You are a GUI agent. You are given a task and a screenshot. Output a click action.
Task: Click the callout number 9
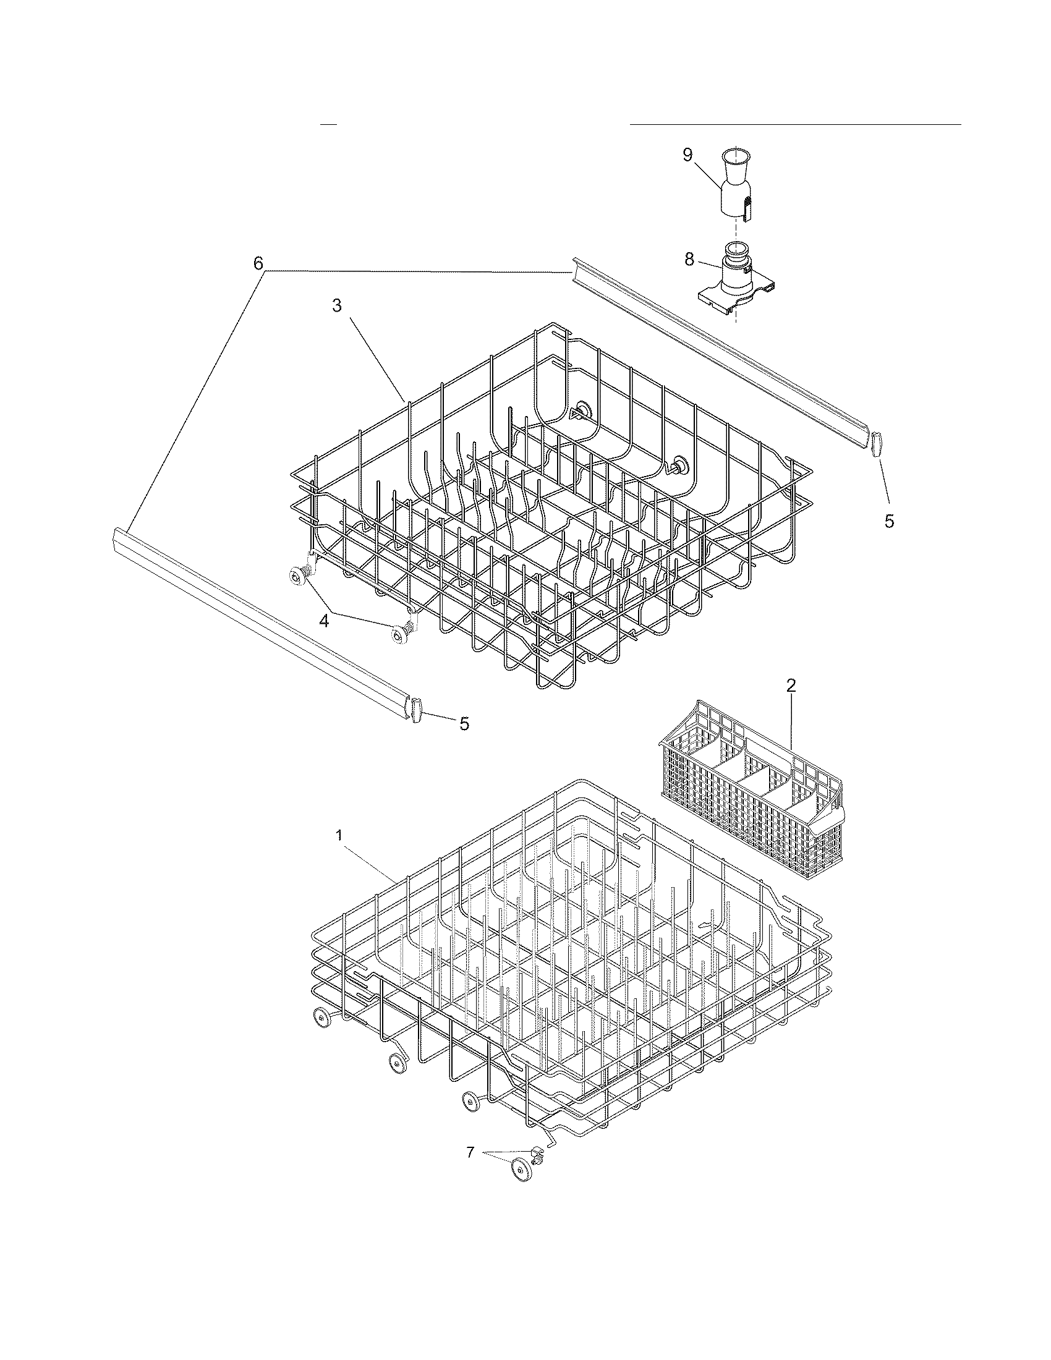pos(687,155)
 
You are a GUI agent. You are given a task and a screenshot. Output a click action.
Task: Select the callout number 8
pos(689,260)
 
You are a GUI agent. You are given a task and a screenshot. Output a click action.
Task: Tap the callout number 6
pos(258,263)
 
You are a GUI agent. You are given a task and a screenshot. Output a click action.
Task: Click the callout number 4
pos(325,620)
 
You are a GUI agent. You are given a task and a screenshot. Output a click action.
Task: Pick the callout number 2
pos(791,686)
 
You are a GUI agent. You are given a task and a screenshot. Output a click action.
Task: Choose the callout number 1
pos(339,836)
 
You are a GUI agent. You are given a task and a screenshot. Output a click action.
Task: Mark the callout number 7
pos(470,1152)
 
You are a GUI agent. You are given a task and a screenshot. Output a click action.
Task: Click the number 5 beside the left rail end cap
pos(464,724)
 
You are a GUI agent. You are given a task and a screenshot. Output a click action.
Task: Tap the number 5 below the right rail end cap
pos(889,521)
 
